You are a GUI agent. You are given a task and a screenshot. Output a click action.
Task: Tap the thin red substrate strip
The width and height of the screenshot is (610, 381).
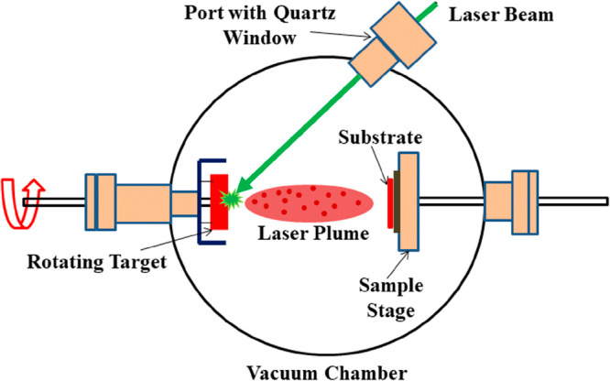point(389,199)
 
